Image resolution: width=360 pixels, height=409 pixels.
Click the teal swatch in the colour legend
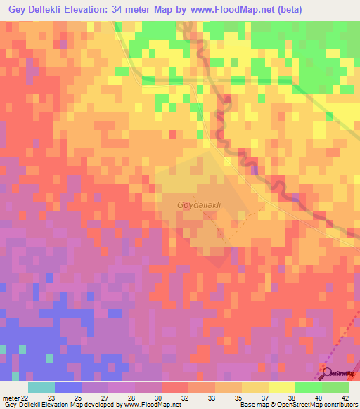pos(41,387)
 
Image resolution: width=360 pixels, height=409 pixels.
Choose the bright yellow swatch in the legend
pos(281,387)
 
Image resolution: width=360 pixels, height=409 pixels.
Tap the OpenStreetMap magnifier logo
pos(325,372)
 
